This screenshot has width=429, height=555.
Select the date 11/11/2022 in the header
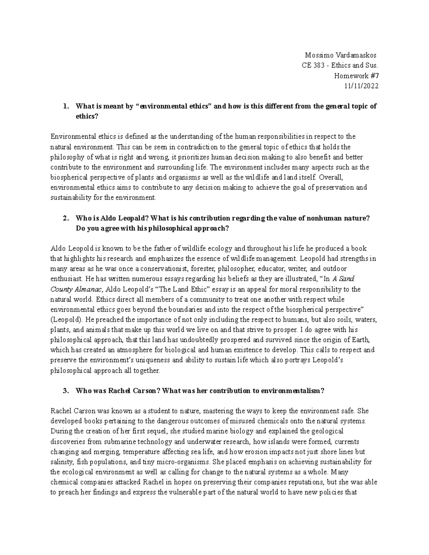[363, 86]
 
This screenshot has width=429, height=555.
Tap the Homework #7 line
[356, 76]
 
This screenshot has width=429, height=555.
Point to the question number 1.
[65, 106]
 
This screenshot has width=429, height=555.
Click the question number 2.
[65, 219]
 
